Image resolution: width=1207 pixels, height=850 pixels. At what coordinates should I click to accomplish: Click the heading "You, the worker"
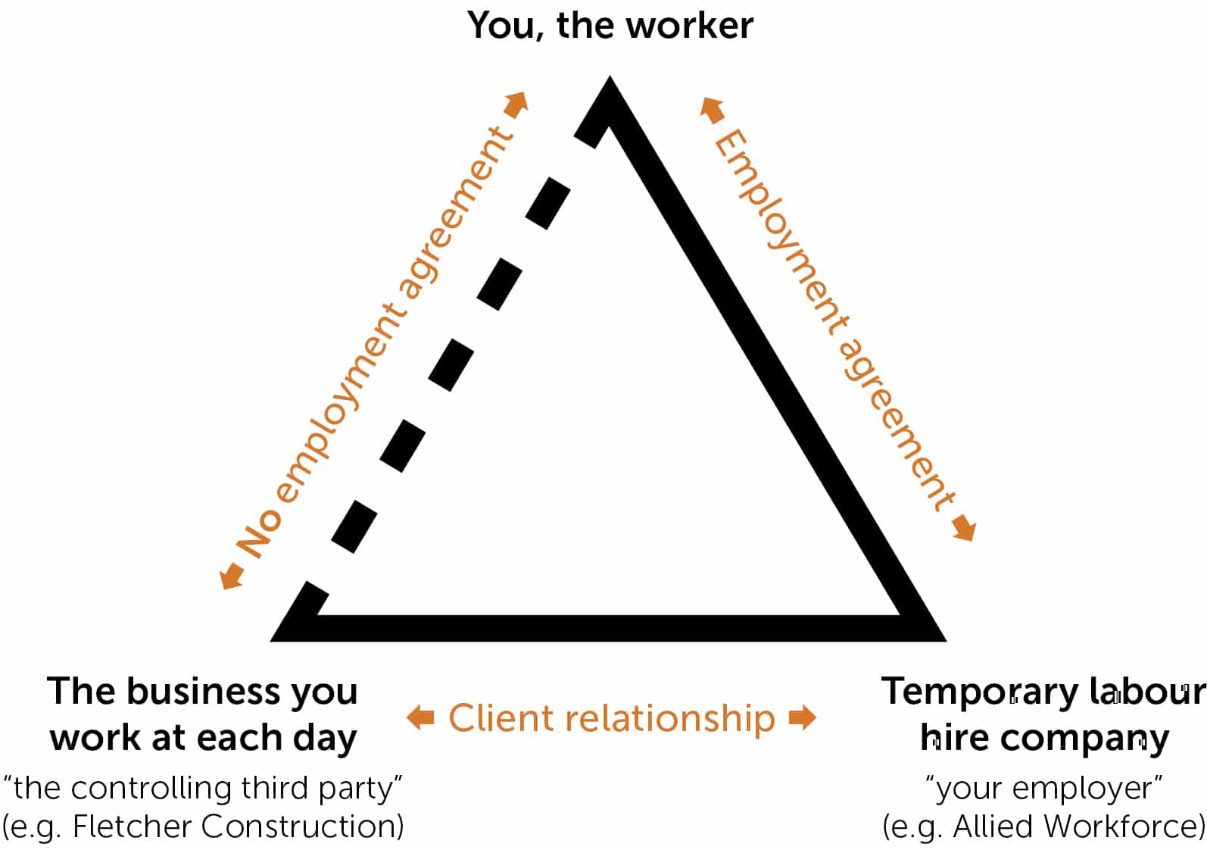(610, 26)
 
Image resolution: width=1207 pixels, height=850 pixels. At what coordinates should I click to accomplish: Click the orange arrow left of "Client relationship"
(420, 717)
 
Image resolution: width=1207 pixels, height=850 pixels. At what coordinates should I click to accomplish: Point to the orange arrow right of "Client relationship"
(802, 717)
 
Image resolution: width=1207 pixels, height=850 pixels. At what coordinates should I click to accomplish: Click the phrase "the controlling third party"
(203, 789)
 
